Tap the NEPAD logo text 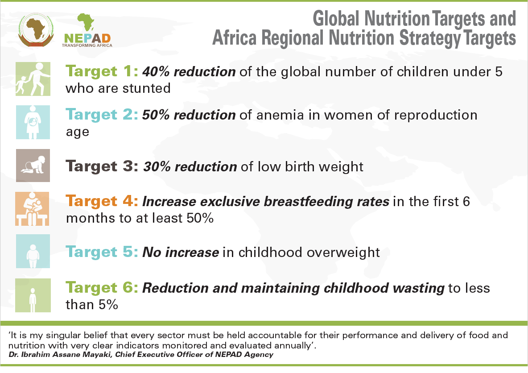(x=87, y=37)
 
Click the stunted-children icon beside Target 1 (x=33, y=79)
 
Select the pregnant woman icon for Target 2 (x=33, y=122)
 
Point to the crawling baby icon (x=33, y=166)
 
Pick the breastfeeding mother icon (x=33, y=209)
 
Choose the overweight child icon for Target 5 (x=33, y=252)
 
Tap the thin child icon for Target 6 (x=33, y=295)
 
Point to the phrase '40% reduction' (x=189, y=71)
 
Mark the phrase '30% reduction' (x=190, y=166)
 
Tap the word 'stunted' (x=147, y=88)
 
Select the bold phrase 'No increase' (x=181, y=253)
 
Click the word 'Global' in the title (x=337, y=19)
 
